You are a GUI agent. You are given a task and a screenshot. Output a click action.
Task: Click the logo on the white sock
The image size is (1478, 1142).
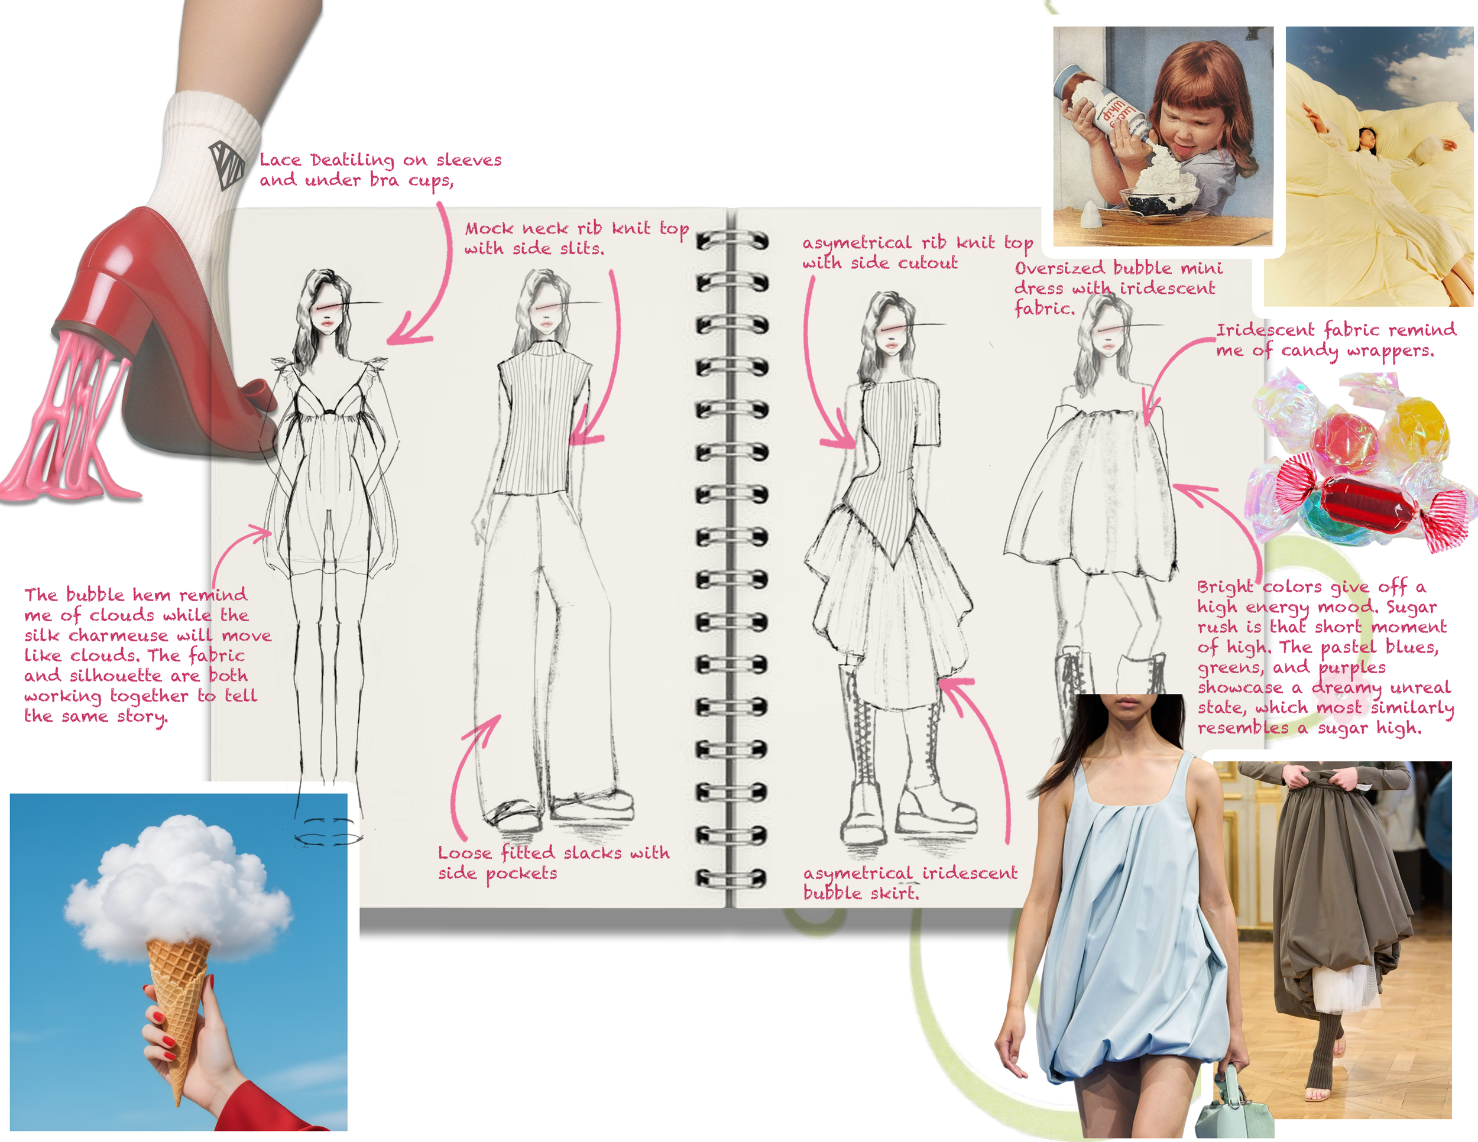[226, 164]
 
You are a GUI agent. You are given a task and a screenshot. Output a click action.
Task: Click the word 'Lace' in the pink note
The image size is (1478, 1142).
[280, 160]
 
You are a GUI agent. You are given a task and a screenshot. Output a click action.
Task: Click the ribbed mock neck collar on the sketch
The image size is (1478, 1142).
[544, 348]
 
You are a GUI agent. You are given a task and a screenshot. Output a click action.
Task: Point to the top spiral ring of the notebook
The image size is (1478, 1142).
[732, 240]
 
